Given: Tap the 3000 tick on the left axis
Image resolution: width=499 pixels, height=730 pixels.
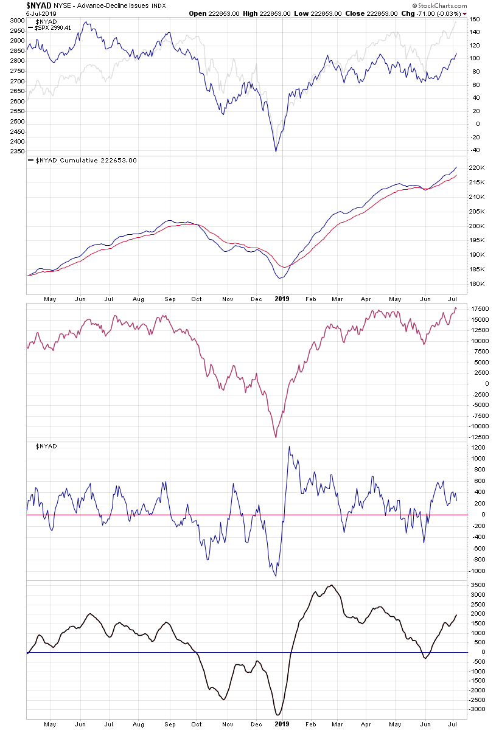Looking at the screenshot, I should (16, 21).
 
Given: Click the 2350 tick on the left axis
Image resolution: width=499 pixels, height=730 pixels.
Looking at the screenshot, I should (16, 151).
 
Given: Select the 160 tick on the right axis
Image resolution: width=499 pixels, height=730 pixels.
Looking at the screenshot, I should (475, 19).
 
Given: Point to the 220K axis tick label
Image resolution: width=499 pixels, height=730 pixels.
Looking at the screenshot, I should (478, 168).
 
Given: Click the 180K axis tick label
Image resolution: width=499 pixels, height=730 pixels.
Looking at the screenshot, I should (478, 284).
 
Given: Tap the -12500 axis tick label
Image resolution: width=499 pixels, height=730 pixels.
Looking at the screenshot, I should (479, 437).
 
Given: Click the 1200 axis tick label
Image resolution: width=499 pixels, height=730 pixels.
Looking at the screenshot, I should (477, 448).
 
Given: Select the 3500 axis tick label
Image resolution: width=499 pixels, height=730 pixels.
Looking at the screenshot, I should (477, 585).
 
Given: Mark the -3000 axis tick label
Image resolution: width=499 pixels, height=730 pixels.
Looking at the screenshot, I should (478, 709).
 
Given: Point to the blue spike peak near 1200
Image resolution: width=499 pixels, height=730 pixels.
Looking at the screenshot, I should (289, 447).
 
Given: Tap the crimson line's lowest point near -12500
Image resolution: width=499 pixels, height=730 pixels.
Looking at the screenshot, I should (276, 437).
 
